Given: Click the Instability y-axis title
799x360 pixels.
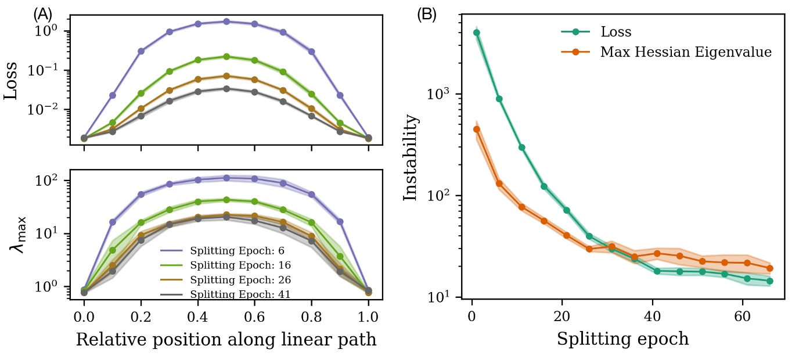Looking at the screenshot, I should pyautogui.click(x=411, y=157).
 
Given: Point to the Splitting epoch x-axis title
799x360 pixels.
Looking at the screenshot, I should pyautogui.click(x=622, y=339).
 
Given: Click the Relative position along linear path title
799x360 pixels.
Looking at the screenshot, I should pyautogui.click(x=226, y=340).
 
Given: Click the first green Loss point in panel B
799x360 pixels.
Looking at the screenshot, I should pyautogui.click(x=477, y=33).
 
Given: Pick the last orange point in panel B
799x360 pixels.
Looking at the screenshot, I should pyautogui.click(x=769, y=268).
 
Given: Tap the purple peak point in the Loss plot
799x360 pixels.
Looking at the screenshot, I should pyautogui.click(x=226, y=21).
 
